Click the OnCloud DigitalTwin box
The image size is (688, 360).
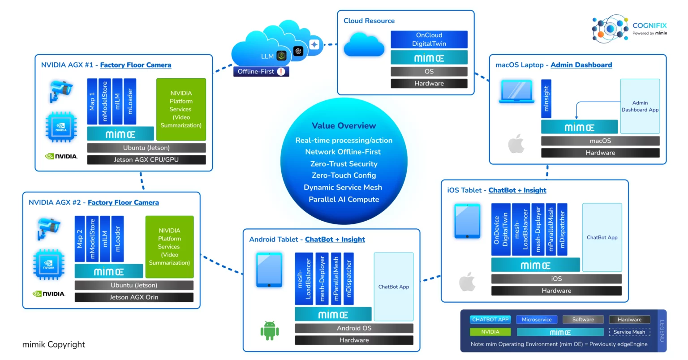coord(429,39)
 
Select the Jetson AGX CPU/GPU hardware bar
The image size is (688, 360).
coord(146,160)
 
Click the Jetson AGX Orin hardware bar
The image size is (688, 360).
coord(134,297)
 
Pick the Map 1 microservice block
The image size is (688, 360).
coord(92,102)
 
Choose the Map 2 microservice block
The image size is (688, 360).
coord(80,239)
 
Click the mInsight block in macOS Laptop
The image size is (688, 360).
coord(546,99)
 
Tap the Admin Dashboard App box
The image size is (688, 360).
coord(640,106)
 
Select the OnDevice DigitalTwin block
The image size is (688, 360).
coord(501,229)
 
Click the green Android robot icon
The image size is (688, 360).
coord(270,331)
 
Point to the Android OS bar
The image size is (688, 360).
coord(354,328)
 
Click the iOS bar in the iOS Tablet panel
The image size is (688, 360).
coord(556,279)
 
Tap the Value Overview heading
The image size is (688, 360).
coord(344,126)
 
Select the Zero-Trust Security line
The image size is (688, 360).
coord(344,164)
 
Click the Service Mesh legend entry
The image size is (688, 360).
coord(629,332)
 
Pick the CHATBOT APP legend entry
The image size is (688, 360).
coord(490,320)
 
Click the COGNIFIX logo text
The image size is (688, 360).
coord(649,26)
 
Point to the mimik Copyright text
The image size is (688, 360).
coord(54,344)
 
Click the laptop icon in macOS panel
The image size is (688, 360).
coord(516,92)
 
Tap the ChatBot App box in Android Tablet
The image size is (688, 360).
coord(393,287)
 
